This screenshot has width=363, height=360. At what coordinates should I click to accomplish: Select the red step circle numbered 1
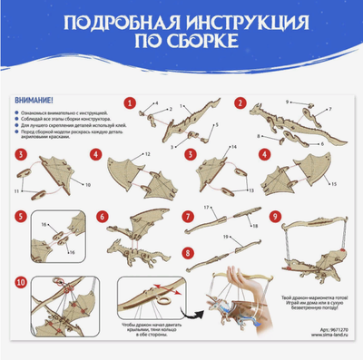coord(130,102)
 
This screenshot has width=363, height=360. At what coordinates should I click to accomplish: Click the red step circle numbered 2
coord(240,102)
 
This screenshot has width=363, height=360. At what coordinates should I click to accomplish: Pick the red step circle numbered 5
coord(21,217)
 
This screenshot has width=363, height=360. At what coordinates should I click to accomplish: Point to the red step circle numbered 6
coord(103,217)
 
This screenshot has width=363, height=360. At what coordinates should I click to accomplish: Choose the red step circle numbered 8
coord(187,254)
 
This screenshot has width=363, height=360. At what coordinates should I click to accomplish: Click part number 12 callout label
coord(147,155)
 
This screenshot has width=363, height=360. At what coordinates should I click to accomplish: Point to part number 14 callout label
coord(233,147)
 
